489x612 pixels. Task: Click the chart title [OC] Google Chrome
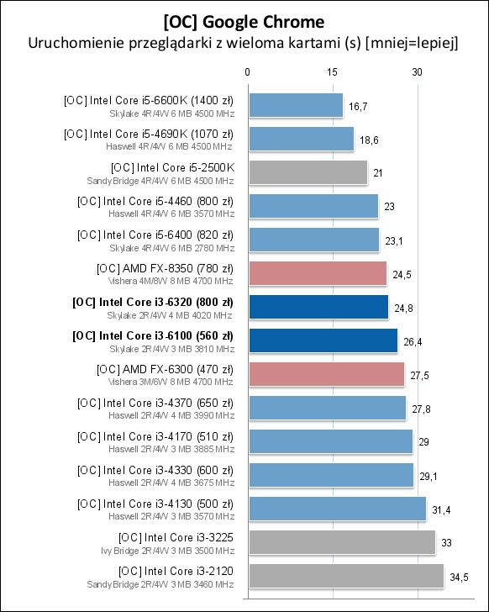point(244,19)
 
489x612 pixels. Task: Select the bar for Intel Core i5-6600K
point(295,105)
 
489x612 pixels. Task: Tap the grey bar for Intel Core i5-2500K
point(307,172)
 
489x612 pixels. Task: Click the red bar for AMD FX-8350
point(317,273)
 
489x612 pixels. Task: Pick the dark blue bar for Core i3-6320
point(318,307)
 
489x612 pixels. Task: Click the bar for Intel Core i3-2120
point(345,576)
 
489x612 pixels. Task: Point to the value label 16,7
point(358,106)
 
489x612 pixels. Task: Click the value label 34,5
point(459,577)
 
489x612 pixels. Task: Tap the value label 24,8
point(404,308)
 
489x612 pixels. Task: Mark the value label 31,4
point(441,509)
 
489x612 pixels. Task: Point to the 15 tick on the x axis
point(332,72)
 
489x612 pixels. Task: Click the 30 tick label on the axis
point(417,72)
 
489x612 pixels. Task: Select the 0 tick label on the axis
point(247,72)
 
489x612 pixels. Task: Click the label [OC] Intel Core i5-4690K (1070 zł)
point(149,134)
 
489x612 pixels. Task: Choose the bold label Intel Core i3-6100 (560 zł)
point(153,335)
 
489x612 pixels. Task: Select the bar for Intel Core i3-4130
point(337,509)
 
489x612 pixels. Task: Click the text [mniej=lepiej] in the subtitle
point(412,42)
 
